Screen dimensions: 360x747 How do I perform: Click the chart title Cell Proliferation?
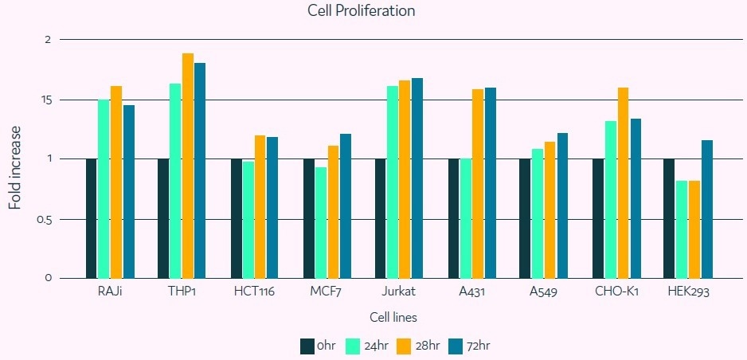pyautogui.click(x=362, y=11)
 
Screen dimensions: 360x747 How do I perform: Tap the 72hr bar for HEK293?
pyautogui.click(x=707, y=209)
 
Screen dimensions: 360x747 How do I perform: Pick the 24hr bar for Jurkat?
pyautogui.click(x=393, y=182)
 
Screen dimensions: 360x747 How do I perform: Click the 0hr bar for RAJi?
pyautogui.click(x=91, y=218)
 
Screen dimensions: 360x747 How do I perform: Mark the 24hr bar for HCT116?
pyautogui.click(x=248, y=220)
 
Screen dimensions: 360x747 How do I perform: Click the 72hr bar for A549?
pyautogui.click(x=562, y=205)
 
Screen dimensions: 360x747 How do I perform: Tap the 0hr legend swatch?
pyautogui.click(x=307, y=346)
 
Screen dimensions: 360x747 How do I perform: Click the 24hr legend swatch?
pyautogui.click(x=356, y=346)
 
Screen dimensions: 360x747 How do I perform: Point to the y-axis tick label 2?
pyautogui.click(x=48, y=39)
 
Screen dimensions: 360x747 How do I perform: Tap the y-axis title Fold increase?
pyautogui.click(x=15, y=166)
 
